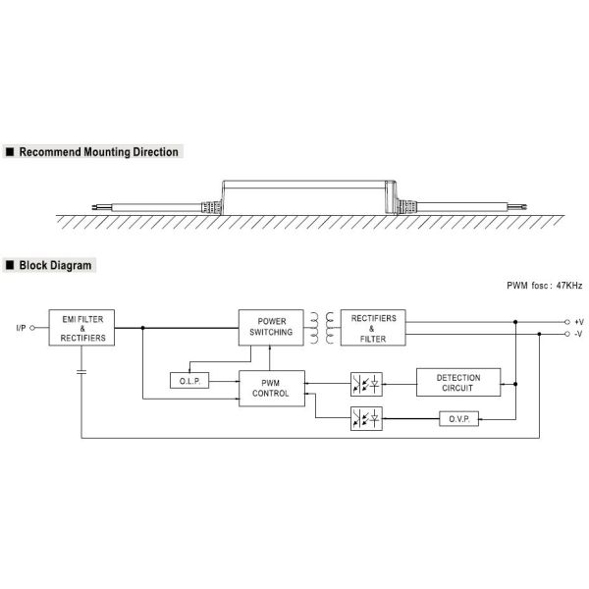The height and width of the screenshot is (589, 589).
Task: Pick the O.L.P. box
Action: pyautogui.click(x=189, y=380)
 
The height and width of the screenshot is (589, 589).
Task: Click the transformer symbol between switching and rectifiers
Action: pyautogui.click(x=321, y=328)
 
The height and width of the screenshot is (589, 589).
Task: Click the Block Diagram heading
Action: pyautogui.click(x=57, y=265)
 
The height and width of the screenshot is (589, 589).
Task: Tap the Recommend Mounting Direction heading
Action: pyautogui.click(x=99, y=153)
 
